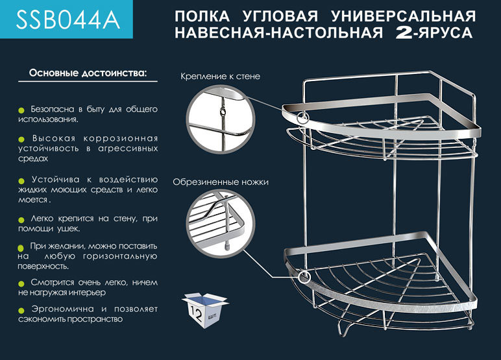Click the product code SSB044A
click(x=67, y=20)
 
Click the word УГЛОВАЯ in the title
click(x=280, y=16)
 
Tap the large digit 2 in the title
click(x=404, y=33)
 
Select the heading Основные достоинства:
click(x=88, y=73)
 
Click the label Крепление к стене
click(x=220, y=77)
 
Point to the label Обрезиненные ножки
click(x=221, y=182)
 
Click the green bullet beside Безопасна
click(x=21, y=110)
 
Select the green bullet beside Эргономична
click(x=21, y=310)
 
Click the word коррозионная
click(x=121, y=139)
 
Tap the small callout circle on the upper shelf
click(x=302, y=117)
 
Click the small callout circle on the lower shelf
click(x=304, y=277)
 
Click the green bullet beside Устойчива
click(x=21, y=181)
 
